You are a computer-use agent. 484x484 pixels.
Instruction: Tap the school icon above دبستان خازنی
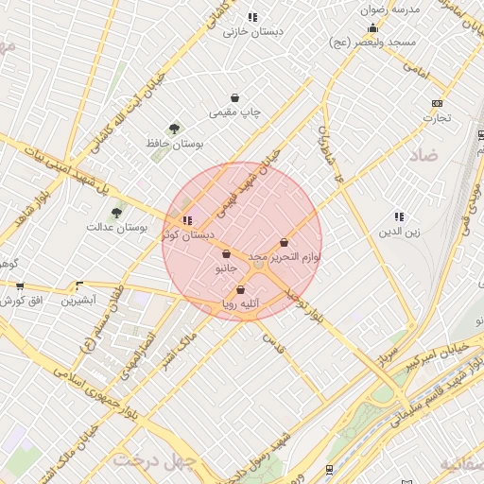point(251,17)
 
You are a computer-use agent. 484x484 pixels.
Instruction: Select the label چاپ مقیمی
point(234,112)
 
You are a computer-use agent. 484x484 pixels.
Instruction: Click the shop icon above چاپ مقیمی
point(234,98)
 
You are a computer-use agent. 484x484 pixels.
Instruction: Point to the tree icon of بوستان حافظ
point(174,129)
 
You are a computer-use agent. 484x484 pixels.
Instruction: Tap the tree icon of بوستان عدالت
point(116,213)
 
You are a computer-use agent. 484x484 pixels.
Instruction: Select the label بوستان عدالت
point(113,227)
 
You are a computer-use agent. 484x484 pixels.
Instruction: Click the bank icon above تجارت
point(437,104)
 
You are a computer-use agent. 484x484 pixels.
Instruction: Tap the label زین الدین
point(399,231)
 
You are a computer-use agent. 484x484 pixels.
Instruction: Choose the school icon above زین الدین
point(399,216)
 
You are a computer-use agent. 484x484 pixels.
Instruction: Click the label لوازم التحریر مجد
point(285,257)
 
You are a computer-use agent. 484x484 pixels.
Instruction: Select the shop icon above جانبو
point(226,253)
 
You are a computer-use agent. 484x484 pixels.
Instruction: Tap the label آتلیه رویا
point(240,304)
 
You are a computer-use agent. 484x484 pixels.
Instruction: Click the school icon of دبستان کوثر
point(186,220)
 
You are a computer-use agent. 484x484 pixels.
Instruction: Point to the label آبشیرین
point(78,301)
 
